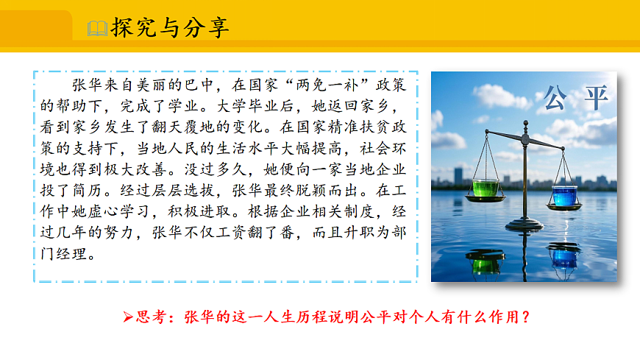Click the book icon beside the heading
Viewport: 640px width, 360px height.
97,29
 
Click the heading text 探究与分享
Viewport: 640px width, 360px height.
170,28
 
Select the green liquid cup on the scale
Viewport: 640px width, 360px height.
485,189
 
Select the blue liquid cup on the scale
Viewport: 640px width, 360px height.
565,195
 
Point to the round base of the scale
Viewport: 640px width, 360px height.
525,224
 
